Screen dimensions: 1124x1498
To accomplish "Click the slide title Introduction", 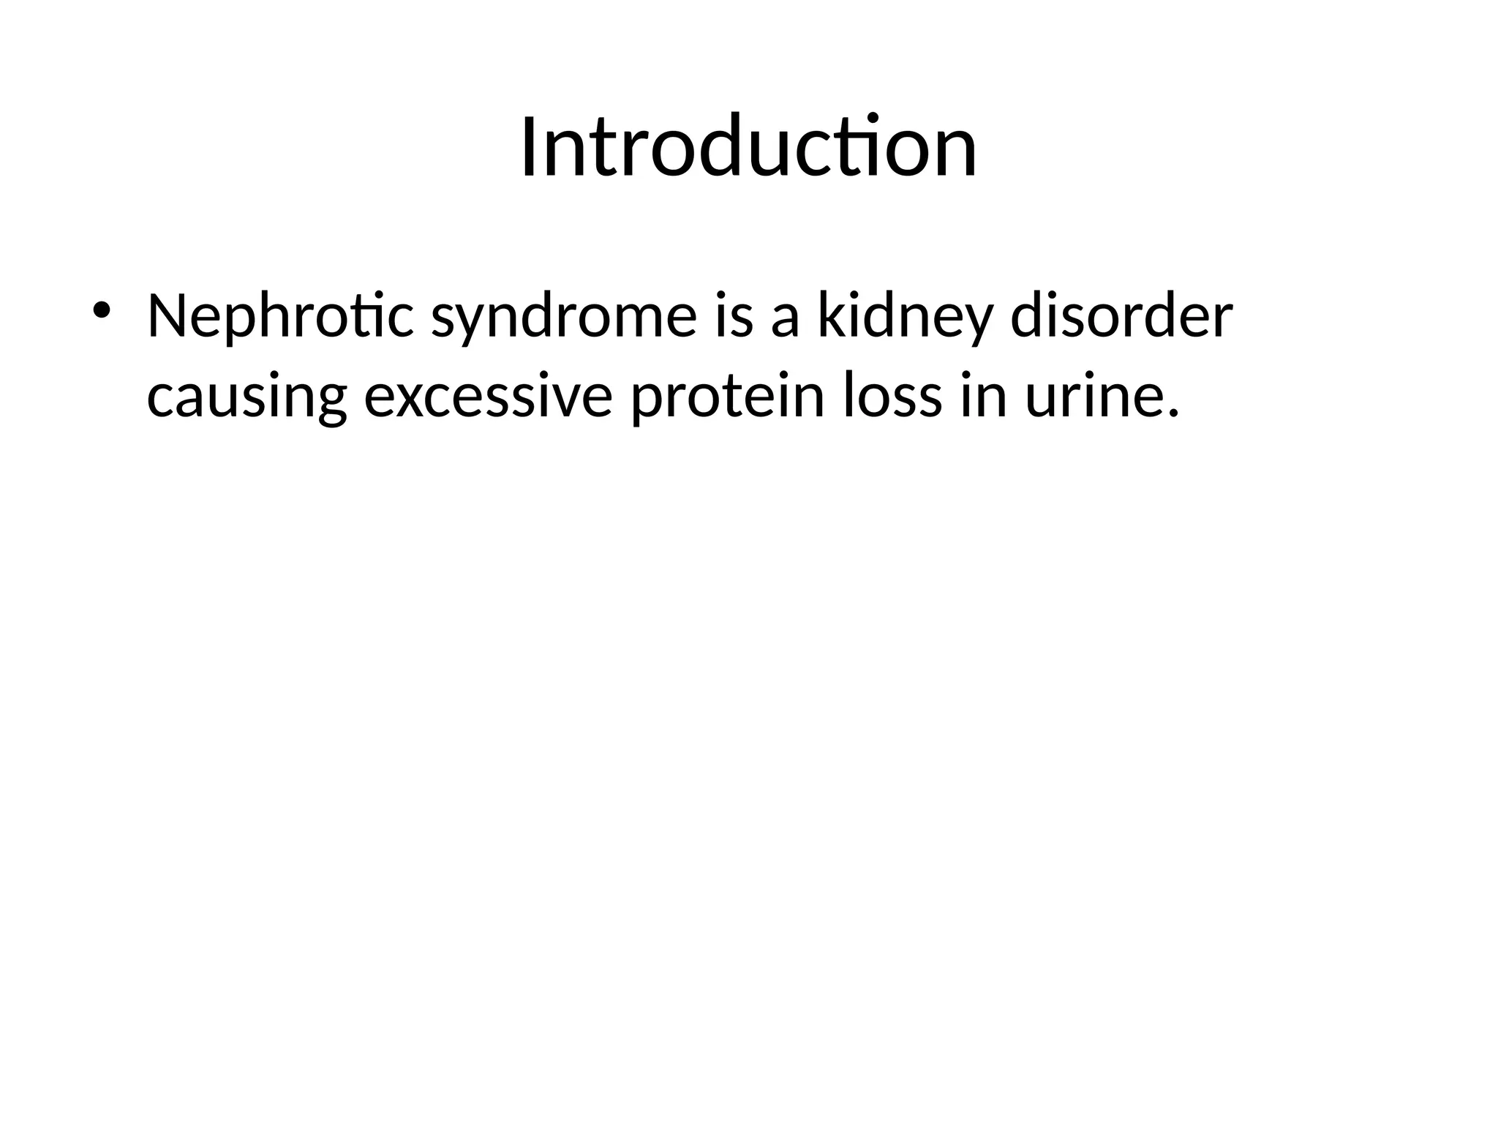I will click(x=748, y=147).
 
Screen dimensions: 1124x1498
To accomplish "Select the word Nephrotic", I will click(x=280, y=318).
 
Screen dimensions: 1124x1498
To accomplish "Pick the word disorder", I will click(x=1121, y=316).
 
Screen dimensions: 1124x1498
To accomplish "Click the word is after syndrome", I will click(x=734, y=316).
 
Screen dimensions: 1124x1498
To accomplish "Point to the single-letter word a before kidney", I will click(x=784, y=322).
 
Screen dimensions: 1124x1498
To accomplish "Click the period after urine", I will click(x=1174, y=415).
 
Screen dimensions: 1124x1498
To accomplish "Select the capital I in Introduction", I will click(x=529, y=147).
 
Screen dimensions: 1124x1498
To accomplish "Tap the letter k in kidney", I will click(x=829, y=316).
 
